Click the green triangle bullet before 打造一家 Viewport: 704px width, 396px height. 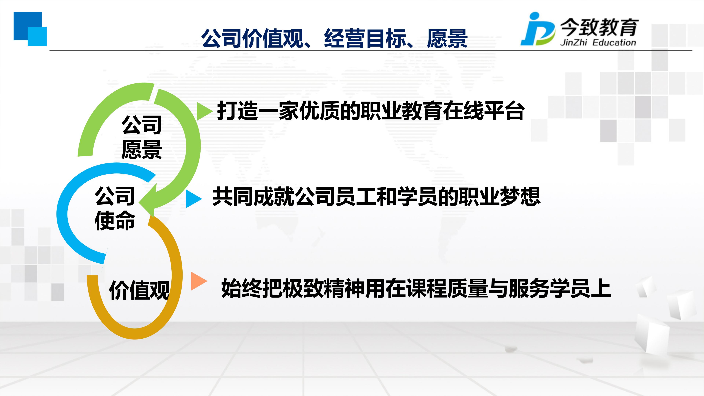(204, 111)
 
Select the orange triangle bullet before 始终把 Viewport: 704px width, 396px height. (198, 281)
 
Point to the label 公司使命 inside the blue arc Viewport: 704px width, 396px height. (115, 208)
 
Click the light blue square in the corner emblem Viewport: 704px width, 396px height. (37, 37)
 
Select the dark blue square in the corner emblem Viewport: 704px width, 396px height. (28, 26)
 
